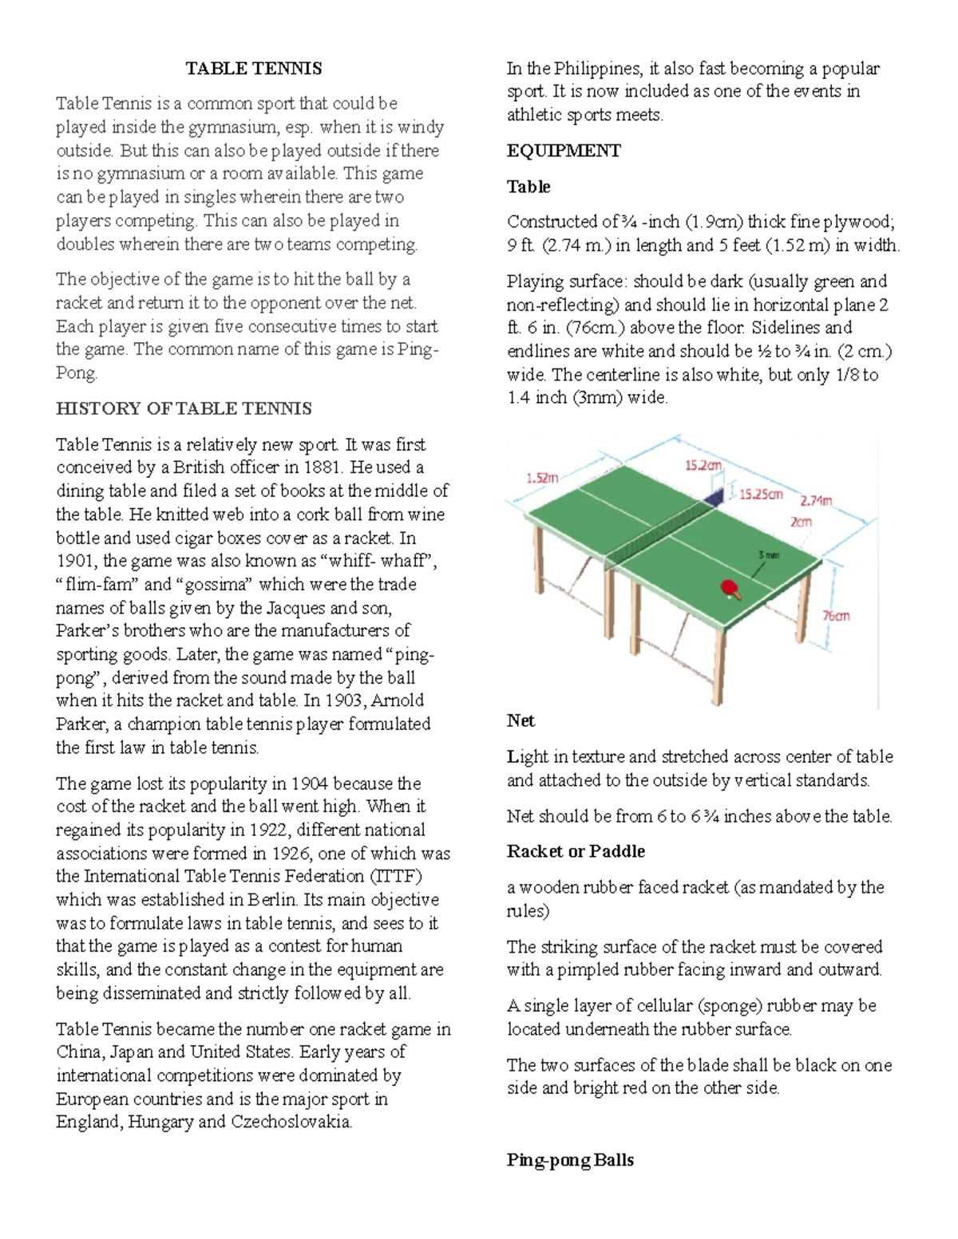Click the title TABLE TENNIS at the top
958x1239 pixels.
[x=254, y=69]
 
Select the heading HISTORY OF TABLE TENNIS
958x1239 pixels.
[x=184, y=409]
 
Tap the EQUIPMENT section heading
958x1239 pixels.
[x=564, y=151]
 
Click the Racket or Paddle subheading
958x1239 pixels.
[x=576, y=851]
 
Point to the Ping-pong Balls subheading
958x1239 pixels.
[x=570, y=1160]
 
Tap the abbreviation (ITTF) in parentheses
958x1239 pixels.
[x=395, y=876]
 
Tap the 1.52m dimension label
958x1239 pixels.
[x=542, y=478]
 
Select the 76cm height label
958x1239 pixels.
[x=836, y=616]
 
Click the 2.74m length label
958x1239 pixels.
[x=817, y=501]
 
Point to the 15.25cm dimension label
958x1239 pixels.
[x=761, y=495]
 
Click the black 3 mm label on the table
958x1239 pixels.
[x=769, y=554]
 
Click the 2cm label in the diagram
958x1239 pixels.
[x=801, y=522]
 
